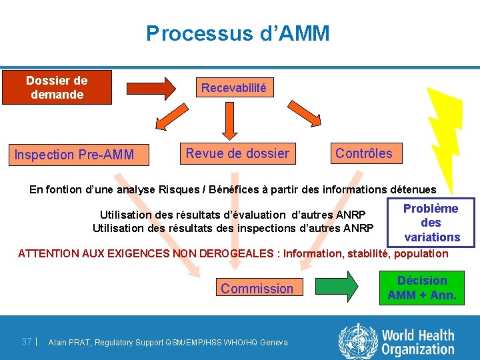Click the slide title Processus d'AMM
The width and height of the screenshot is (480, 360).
[238, 33]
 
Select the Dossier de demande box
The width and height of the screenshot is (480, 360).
[57, 87]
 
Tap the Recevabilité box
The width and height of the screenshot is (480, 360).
[233, 88]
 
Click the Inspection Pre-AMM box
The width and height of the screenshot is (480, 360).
[74, 155]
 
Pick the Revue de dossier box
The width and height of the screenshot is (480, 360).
[237, 154]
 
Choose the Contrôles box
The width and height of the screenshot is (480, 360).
[364, 154]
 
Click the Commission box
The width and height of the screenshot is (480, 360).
[257, 289]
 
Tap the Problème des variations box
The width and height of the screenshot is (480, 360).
[431, 223]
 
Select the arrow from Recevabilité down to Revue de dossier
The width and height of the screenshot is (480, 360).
[230, 119]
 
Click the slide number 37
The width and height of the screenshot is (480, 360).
[27, 342]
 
